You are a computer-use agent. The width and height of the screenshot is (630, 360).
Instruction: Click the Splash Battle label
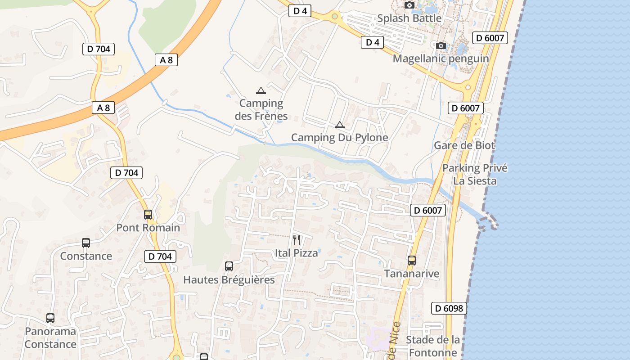(x=409, y=18)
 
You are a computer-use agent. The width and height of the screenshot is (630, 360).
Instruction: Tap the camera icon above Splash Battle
(x=409, y=5)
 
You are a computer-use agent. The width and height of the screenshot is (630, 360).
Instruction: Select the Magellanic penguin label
(x=441, y=58)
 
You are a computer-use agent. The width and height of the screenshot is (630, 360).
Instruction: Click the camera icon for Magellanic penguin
(x=441, y=45)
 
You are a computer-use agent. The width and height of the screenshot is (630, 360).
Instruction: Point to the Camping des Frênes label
(x=261, y=110)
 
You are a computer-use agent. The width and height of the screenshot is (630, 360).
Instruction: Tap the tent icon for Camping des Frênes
(x=261, y=90)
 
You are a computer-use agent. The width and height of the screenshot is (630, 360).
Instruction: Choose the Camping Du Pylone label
(x=339, y=138)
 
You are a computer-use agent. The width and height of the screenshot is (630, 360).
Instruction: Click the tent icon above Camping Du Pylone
(x=339, y=125)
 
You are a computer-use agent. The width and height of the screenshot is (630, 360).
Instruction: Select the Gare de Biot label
(x=464, y=145)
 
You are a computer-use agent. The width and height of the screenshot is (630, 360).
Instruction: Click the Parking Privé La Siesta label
(x=475, y=175)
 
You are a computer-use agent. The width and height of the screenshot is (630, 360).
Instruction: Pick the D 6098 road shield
(x=449, y=308)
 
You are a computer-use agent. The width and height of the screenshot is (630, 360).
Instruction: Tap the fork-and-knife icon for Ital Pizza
(x=296, y=239)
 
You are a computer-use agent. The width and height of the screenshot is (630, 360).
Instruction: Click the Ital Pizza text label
(x=296, y=253)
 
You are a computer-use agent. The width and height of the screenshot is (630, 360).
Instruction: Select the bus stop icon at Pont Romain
(x=148, y=215)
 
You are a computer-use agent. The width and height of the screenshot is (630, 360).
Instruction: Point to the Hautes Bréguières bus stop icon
(x=229, y=266)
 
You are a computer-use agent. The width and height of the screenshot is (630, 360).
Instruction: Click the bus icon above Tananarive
(x=411, y=260)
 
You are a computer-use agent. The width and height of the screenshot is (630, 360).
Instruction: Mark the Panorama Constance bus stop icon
(x=50, y=318)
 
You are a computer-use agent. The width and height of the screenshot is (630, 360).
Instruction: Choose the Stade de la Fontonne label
(x=432, y=346)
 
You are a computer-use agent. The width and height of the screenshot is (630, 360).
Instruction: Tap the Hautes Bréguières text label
(x=229, y=280)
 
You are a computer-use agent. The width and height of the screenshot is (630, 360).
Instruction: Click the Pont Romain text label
(x=148, y=228)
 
